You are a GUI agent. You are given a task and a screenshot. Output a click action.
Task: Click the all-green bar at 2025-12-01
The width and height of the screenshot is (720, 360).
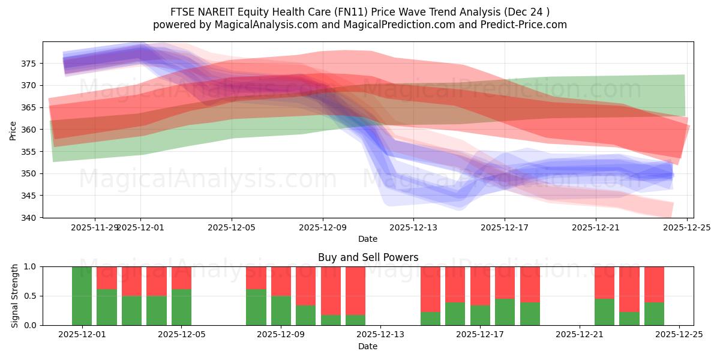tap(82, 296)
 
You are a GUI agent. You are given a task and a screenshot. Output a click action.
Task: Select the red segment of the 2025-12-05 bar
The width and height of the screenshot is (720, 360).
tap(181, 278)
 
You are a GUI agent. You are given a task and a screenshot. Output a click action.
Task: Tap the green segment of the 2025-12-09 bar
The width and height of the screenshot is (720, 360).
tap(281, 310)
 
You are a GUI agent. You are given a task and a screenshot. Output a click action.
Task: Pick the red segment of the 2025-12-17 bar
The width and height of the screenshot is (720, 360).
tap(480, 286)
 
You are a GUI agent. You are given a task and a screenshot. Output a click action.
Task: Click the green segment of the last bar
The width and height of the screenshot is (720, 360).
tap(654, 314)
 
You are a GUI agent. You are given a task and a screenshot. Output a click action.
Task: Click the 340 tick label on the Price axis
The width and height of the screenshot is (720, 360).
tap(31, 218)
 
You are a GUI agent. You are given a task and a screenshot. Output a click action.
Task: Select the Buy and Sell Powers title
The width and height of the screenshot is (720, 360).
tap(368, 257)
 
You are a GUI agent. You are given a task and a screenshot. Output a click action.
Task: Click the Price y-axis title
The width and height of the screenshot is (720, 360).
tap(13, 130)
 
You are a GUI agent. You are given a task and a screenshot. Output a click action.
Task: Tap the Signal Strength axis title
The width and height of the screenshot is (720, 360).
tap(15, 296)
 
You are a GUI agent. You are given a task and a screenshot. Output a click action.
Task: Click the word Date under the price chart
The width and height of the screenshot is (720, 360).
tap(368, 239)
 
